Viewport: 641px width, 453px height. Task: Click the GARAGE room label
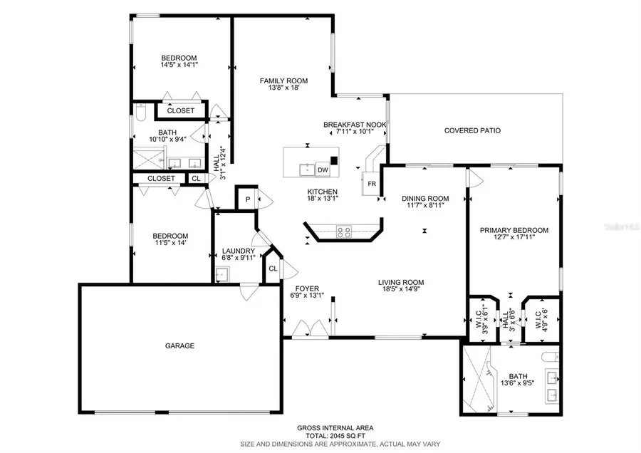click(x=179, y=345)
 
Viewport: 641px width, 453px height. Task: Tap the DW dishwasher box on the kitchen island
click(x=323, y=170)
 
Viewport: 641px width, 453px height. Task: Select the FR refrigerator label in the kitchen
click(x=371, y=183)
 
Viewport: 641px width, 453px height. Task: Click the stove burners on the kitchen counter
click(x=344, y=231)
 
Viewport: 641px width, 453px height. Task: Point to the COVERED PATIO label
click(x=472, y=130)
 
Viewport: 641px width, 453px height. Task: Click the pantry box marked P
click(x=247, y=200)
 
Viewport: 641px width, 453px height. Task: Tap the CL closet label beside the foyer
click(x=273, y=269)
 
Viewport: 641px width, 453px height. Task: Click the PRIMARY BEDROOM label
click(x=514, y=230)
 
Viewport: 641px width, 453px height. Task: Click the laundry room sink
click(x=223, y=274)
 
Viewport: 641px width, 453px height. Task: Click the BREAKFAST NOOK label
click(x=355, y=125)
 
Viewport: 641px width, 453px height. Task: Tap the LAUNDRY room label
click(x=238, y=251)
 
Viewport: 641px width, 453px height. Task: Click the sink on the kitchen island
click(x=306, y=170)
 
